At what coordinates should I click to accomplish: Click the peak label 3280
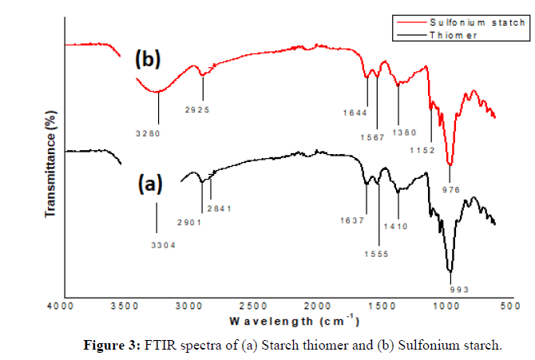(149, 133)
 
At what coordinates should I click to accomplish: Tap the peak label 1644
(355, 113)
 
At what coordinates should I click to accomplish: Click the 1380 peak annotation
(404, 132)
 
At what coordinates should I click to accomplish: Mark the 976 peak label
(452, 190)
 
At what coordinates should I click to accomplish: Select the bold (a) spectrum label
(149, 184)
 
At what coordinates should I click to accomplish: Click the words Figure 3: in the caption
(112, 346)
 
